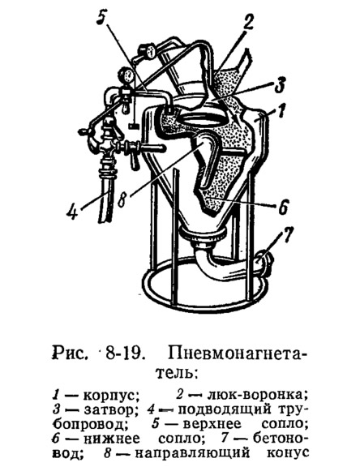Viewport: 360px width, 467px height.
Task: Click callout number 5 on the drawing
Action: [x=102, y=19]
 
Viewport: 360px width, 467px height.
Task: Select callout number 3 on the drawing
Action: [x=279, y=84]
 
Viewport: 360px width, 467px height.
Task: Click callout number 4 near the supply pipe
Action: [x=73, y=212]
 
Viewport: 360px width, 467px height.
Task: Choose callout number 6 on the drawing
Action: [x=283, y=206]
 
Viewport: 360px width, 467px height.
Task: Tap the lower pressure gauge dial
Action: [x=126, y=76]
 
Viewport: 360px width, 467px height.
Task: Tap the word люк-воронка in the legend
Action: [x=257, y=395]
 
